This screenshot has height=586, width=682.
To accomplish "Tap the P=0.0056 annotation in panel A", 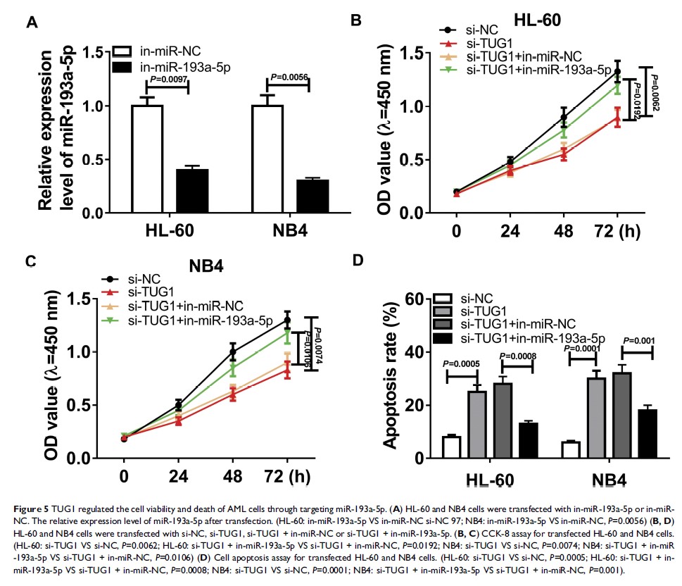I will [289, 77].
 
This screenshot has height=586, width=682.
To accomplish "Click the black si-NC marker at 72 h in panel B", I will [617, 71].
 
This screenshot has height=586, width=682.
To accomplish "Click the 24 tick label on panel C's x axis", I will [178, 476].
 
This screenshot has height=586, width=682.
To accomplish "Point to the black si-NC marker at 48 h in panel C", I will [233, 351].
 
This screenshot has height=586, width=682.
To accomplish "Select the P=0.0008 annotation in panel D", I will [519, 357].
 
